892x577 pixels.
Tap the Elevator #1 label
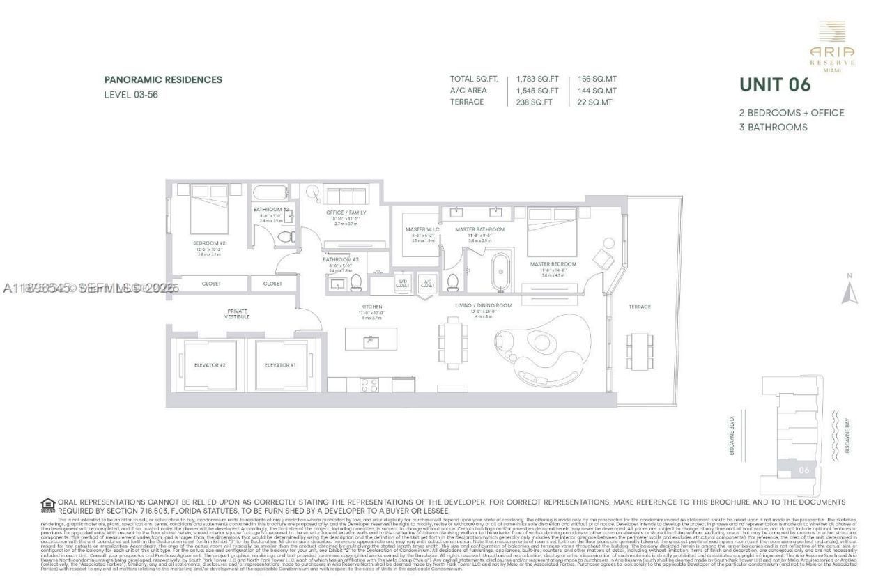pos(280,365)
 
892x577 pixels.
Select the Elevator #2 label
pos(210,365)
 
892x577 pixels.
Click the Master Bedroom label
pos(553,264)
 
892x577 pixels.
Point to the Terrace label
pos(639,307)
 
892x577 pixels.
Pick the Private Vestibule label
pos(238,314)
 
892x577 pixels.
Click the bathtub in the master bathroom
pos(500,272)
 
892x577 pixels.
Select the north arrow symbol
pos(848,292)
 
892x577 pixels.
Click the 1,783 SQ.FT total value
pos(537,79)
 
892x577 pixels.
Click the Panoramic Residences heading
pos(163,79)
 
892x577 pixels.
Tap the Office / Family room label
pos(346,213)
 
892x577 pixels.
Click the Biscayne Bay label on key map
pos(847,436)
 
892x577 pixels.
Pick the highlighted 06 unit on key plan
pos(803,470)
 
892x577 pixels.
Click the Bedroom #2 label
pos(209,243)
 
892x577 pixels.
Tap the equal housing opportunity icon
pos(47,505)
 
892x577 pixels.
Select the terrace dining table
pos(639,348)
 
